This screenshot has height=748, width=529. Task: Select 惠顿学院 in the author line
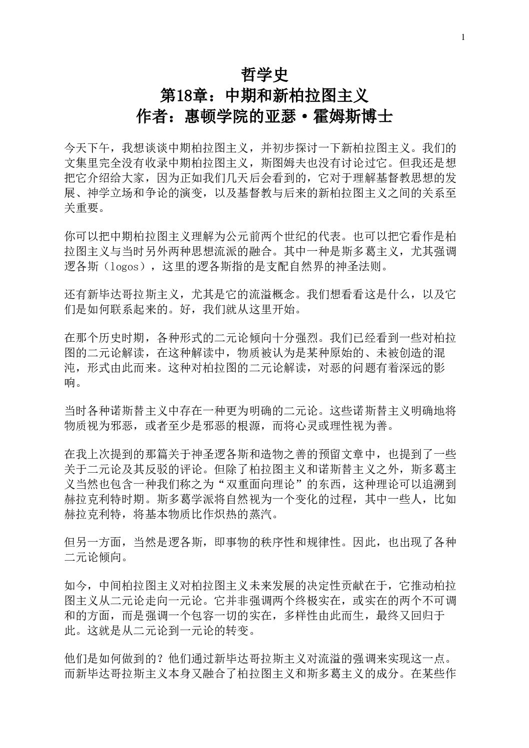(x=218, y=117)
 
